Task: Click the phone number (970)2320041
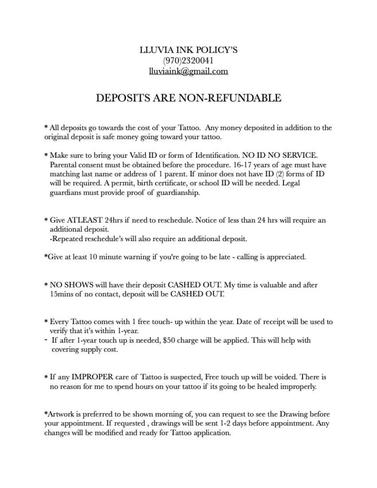188,61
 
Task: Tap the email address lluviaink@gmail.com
188,71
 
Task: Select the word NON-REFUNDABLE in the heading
229,98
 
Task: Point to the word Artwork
62,414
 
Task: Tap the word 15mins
62,294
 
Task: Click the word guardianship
178,193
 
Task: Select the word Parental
64,165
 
